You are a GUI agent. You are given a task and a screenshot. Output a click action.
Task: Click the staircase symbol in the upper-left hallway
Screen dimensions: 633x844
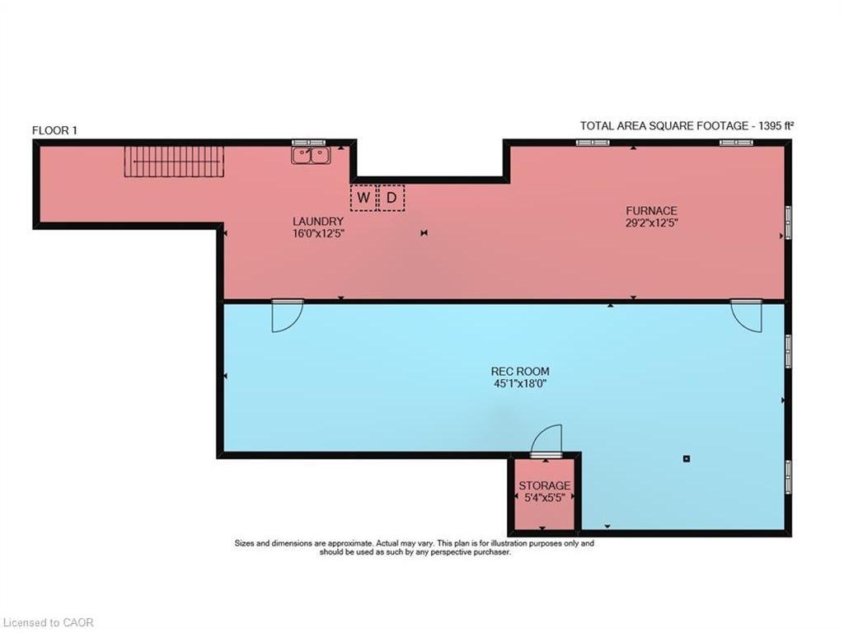pos(174,161)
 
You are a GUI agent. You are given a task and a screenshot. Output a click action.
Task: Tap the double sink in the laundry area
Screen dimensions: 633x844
pos(311,154)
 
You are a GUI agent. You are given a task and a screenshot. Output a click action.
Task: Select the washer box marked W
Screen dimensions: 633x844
pos(363,198)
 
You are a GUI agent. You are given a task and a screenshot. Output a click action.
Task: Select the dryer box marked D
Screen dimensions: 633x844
pos(392,198)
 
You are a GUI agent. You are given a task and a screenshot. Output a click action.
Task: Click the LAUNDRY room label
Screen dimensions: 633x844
pos(317,222)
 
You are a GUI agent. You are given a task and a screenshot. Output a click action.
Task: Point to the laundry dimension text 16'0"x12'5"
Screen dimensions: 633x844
pos(317,233)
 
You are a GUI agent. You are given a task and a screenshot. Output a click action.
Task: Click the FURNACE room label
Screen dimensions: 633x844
pos(651,210)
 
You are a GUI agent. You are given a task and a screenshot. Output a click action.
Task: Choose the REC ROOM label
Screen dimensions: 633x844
pos(519,371)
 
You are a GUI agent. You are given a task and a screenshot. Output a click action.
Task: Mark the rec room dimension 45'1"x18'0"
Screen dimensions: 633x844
pos(519,383)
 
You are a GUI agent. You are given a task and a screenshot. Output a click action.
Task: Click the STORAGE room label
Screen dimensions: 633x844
pos(544,486)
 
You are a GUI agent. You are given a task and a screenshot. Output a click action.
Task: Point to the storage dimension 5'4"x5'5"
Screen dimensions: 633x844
pos(544,498)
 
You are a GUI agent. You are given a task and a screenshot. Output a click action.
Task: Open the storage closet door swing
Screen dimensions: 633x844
pos(547,440)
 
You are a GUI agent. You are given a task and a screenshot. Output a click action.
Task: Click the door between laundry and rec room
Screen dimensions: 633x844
pos(287,316)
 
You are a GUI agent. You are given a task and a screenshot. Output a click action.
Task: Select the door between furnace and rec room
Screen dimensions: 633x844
pos(747,316)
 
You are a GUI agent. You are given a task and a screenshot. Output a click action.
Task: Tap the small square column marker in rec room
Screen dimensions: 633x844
pos(686,458)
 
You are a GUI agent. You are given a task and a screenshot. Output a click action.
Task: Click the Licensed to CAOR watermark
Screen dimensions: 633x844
pos(48,622)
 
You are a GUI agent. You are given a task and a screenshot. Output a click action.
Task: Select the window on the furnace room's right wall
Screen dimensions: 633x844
pos(788,222)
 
